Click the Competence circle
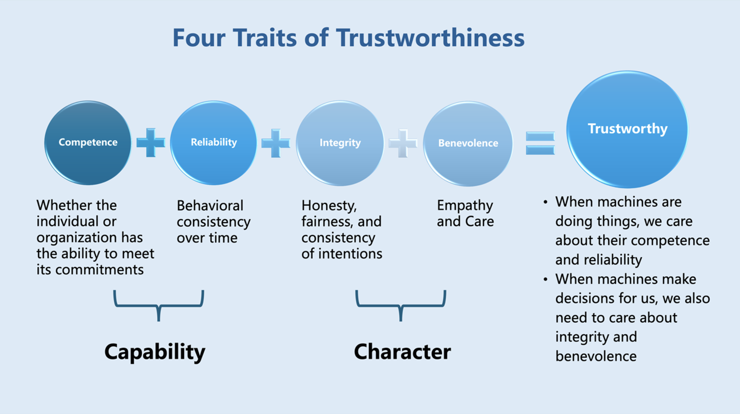(88, 143)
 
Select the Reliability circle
(214, 143)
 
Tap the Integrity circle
(340, 143)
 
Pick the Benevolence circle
(468, 144)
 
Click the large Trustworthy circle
(627, 129)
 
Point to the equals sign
(540, 143)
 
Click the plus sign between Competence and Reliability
(151, 143)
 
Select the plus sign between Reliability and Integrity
(275, 143)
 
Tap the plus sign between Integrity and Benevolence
(403, 144)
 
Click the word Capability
(155, 352)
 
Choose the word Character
(402, 352)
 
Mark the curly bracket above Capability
(159, 304)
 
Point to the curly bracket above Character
(401, 304)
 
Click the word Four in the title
(199, 38)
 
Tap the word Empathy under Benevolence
(465, 206)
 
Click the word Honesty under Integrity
(329, 206)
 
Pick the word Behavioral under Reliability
(210, 206)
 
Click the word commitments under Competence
(99, 270)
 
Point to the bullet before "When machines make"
(545, 279)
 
